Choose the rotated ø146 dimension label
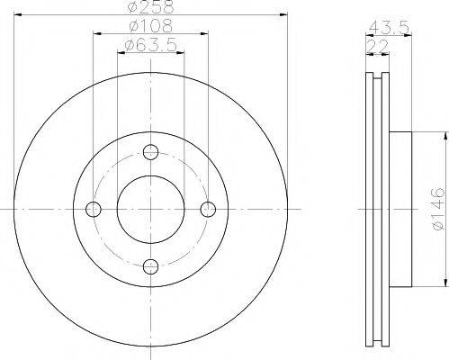[436, 208]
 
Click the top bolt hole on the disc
[150, 151]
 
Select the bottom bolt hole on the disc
[150, 266]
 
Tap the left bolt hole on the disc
[93, 209]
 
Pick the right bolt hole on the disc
[208, 209]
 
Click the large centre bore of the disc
[150, 209]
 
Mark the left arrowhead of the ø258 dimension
[18, 15]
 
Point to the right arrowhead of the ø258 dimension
[283, 15]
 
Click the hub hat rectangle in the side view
[400, 208]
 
